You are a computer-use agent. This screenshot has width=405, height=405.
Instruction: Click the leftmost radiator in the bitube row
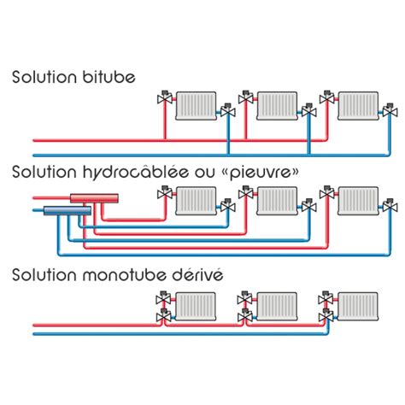coord(196,106)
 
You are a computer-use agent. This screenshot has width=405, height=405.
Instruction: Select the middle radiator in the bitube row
coord(277,106)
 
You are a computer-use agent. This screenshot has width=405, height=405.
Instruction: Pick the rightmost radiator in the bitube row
coord(359,106)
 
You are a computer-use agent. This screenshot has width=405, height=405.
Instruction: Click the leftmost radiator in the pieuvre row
coord(196,201)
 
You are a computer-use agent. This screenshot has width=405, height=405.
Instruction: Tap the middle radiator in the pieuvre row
coord(277,201)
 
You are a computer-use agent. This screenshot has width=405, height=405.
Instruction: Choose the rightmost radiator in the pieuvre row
coord(359,201)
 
